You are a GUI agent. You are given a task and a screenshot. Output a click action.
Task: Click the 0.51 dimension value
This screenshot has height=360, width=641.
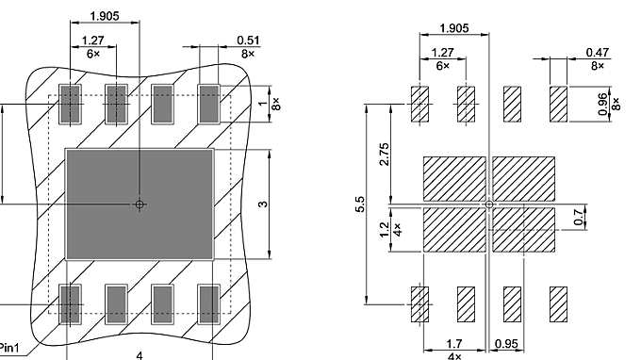tap(222, 40)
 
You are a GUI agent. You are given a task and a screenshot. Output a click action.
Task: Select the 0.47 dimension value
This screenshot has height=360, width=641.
tap(597, 53)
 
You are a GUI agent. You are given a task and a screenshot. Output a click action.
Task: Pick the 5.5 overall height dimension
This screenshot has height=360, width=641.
tap(360, 204)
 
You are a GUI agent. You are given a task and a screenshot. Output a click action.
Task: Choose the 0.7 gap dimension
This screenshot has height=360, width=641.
tap(604, 216)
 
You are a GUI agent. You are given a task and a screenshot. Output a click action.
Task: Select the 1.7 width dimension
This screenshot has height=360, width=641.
tap(454, 344)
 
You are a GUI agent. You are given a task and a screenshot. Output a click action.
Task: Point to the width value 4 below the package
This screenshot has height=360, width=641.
tap(140, 354)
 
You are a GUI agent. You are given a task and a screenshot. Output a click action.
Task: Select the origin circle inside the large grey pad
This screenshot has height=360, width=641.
tap(140, 204)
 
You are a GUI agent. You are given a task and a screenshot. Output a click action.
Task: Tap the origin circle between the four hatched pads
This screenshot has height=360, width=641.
tap(488, 204)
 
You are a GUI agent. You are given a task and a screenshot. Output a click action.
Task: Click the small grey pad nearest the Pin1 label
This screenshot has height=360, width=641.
tap(70, 303)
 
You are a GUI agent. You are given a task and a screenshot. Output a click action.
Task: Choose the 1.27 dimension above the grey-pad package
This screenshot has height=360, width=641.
tap(92, 40)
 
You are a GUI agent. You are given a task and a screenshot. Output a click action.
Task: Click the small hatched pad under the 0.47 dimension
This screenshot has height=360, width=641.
tap(558, 104)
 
